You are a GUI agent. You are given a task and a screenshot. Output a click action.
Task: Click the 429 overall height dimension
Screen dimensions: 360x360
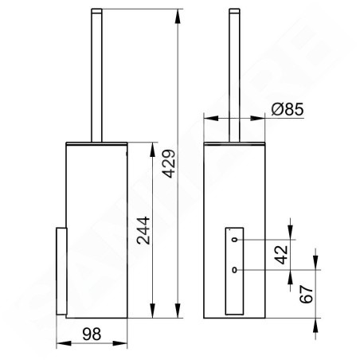coord(169,163)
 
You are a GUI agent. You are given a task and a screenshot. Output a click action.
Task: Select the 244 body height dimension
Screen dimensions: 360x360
coord(143,230)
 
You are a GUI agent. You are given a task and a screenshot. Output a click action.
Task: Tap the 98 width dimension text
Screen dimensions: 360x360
coord(92,334)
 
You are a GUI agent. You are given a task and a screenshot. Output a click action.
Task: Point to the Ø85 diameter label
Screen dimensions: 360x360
coord(288,109)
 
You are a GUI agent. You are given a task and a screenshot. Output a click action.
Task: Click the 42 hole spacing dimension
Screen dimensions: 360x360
coord(281,255)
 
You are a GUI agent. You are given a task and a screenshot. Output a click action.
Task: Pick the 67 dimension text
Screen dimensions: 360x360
coord(307,294)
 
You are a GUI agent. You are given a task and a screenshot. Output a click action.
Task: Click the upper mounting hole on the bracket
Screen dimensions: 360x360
coord(234,240)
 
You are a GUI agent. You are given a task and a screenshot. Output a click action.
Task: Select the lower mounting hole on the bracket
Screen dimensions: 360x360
coord(234,270)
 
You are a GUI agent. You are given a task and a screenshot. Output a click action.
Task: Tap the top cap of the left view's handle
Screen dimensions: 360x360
coord(96,10)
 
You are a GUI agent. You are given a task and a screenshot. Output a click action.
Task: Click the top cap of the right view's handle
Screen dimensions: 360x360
coord(234,10)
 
